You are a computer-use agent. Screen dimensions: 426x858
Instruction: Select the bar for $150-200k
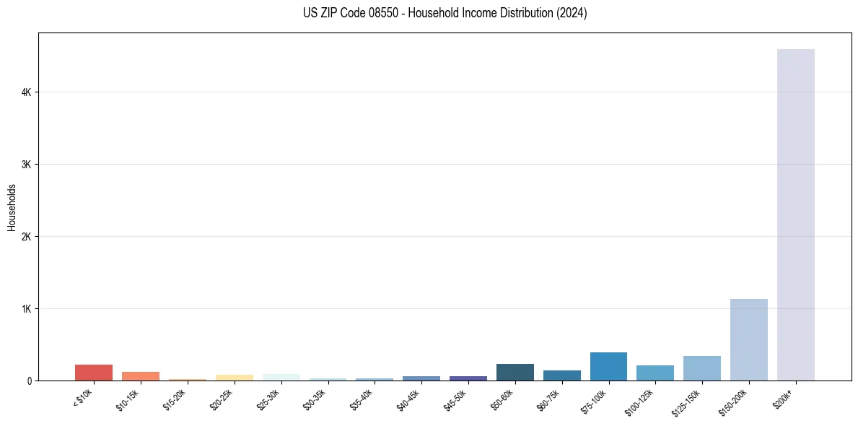pos(748,339)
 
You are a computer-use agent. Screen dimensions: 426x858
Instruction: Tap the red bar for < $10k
pos(94,373)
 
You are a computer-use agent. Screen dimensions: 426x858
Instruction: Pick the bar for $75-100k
pos(608,366)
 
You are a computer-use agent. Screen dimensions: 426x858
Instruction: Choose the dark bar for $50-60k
pos(515,372)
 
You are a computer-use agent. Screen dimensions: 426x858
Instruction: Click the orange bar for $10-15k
pos(141,376)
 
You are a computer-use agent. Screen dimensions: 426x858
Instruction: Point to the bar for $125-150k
pos(701,368)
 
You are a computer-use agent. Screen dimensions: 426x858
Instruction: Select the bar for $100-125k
pos(655,373)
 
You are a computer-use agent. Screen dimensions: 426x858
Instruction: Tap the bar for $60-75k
pos(561,375)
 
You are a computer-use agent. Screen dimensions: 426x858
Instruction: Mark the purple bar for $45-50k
pos(468,378)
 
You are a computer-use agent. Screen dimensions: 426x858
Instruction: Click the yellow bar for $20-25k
pos(234,378)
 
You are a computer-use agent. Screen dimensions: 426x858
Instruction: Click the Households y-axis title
pos(12,207)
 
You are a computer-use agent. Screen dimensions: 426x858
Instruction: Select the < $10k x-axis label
pos(84,397)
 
